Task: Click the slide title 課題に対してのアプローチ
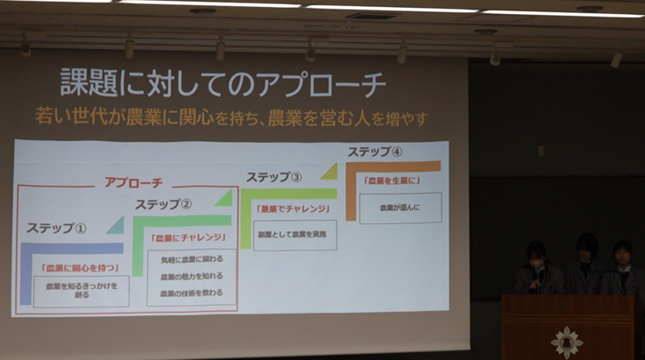click(223, 84)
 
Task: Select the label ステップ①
click(56, 229)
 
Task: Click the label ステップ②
click(163, 205)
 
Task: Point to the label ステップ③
click(273, 177)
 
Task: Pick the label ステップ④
click(375, 152)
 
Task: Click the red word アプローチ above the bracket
click(133, 182)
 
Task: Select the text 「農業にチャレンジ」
click(189, 237)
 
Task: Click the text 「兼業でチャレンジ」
click(294, 209)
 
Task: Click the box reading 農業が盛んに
click(400, 208)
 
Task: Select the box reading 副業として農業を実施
click(294, 235)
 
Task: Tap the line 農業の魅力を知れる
click(191, 276)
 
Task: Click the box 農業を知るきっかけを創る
click(81, 291)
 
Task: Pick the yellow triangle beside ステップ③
click(329, 171)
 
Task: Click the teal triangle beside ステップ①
click(115, 225)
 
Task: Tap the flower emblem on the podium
click(566, 342)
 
